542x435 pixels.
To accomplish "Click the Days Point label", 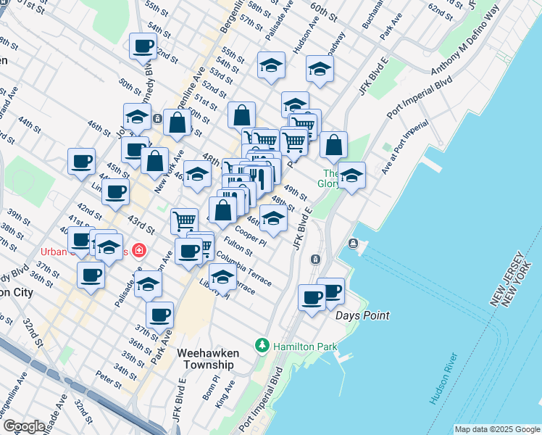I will (362, 316).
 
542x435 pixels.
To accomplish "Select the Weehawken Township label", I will (207, 358).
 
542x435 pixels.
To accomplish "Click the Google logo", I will (24, 426).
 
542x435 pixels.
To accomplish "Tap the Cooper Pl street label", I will (250, 233).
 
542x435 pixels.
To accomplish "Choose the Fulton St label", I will (238, 248).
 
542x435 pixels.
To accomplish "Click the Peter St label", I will (108, 377).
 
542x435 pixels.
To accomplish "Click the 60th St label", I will (324, 12).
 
